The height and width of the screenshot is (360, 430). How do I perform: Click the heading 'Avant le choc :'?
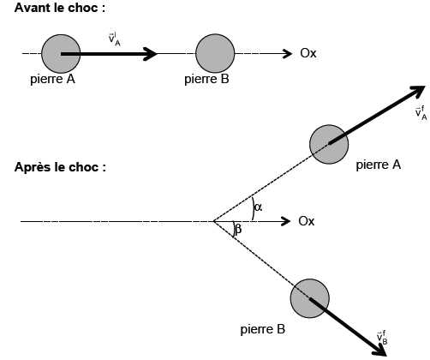60,8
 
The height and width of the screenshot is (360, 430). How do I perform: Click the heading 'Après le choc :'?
60,167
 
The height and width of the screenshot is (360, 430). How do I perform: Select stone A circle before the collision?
61,54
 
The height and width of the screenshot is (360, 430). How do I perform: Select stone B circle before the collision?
215,53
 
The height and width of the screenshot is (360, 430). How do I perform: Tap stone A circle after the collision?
329,144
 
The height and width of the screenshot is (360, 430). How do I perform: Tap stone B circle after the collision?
310,298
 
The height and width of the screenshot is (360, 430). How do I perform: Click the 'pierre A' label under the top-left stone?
52,79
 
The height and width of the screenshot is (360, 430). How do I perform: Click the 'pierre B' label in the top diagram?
206,79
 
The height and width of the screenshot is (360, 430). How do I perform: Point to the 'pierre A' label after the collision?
379,165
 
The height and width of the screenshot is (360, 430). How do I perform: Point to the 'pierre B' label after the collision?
263,329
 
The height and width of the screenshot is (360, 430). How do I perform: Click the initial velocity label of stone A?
114,40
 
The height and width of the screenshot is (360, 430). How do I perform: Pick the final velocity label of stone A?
421,113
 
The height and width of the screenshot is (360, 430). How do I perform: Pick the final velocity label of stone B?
382,338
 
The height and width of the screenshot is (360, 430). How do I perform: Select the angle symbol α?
258,207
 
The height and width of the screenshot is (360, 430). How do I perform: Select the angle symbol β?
238,229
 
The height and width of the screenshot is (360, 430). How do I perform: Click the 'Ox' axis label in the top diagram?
308,53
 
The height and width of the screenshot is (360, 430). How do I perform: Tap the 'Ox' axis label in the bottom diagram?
307,221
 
